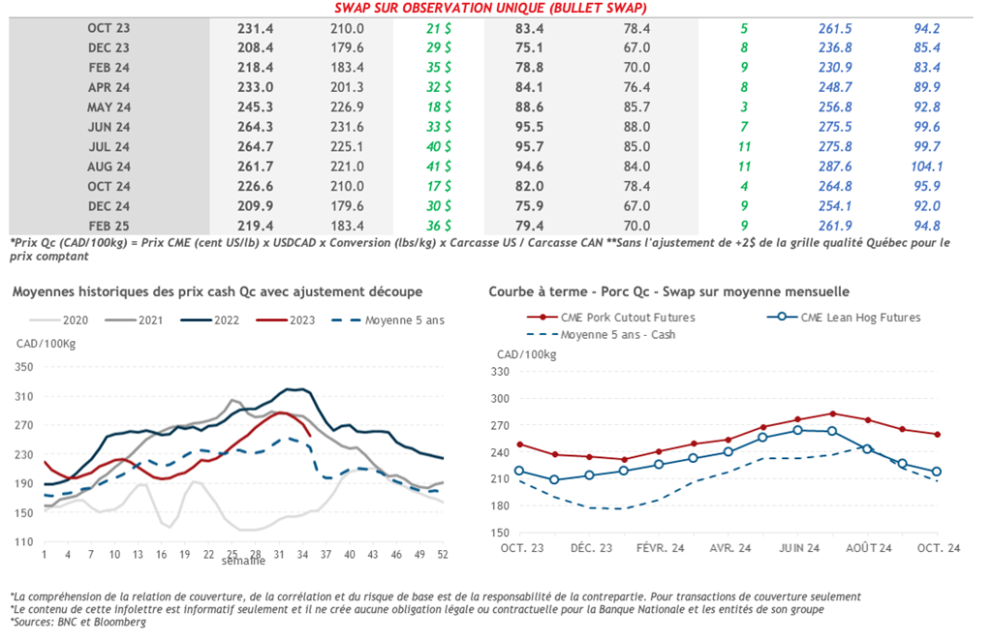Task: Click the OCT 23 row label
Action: pyautogui.click(x=108, y=28)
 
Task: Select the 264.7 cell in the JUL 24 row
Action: pyautogui.click(x=256, y=146)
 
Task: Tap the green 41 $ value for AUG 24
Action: pyautogui.click(x=439, y=166)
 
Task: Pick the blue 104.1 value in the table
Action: pyautogui.click(x=927, y=166)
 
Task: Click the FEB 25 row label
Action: pyautogui.click(x=108, y=225)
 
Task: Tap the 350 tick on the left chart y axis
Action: pyautogui.click(x=24, y=367)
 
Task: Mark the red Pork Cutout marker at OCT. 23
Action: pyautogui.click(x=520, y=444)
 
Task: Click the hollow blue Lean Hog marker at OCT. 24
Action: pyautogui.click(x=937, y=472)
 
